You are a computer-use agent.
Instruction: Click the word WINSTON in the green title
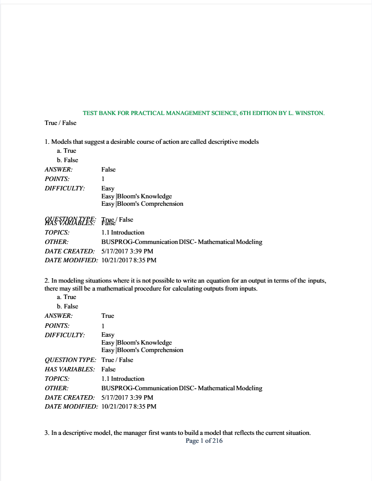(x=309, y=113)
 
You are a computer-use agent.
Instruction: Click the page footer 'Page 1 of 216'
(x=204, y=441)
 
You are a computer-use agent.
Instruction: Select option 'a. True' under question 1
(x=66, y=151)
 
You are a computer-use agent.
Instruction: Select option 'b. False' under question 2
(x=67, y=306)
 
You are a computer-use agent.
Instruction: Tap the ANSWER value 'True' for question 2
(x=108, y=316)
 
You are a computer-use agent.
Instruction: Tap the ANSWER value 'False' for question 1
(x=108, y=170)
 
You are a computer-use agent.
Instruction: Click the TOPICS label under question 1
(x=57, y=233)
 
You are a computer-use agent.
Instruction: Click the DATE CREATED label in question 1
(x=69, y=251)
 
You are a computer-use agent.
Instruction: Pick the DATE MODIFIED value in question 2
(x=128, y=407)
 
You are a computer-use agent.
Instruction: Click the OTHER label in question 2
(x=57, y=388)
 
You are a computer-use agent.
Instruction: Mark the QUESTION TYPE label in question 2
(x=70, y=360)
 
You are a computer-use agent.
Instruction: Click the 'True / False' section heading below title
(x=61, y=123)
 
